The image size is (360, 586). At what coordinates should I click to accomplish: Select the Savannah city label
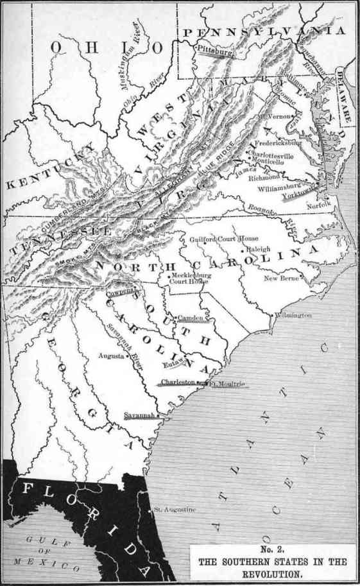139,414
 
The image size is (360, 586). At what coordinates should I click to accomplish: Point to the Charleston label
178,382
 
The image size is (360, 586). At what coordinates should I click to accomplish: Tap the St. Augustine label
175,510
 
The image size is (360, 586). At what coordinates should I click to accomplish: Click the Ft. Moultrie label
228,384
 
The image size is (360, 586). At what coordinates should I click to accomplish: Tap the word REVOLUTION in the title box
275,573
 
